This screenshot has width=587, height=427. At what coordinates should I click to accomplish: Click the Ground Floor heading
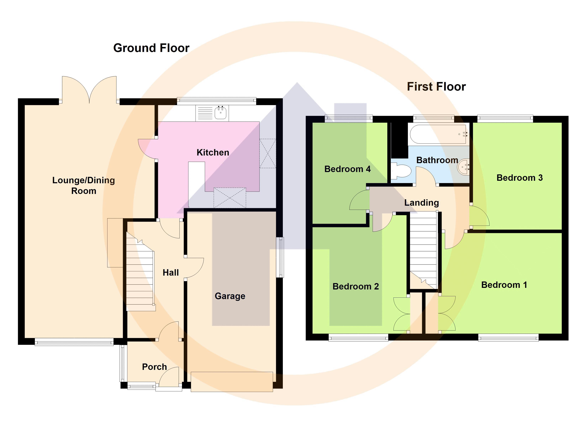pyautogui.click(x=151, y=48)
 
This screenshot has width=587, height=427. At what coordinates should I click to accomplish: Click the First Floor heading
pyautogui.click(x=436, y=86)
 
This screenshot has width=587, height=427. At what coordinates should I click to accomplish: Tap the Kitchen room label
pyautogui.click(x=213, y=152)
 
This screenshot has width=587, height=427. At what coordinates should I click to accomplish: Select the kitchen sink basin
pyautogui.click(x=220, y=113)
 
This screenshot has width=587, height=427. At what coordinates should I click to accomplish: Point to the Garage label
pyautogui.click(x=230, y=296)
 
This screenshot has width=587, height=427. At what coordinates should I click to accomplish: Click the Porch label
pyautogui.click(x=155, y=367)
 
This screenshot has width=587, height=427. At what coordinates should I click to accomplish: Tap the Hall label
pyautogui.click(x=171, y=273)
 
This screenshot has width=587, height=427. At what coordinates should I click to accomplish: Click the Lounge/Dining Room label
pyautogui.click(x=84, y=185)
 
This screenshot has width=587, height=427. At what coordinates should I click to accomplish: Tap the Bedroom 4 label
pyautogui.click(x=347, y=169)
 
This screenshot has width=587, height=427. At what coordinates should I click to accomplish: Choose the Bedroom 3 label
pyautogui.click(x=519, y=178)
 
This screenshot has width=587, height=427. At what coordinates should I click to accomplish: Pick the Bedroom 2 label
pyautogui.click(x=356, y=287)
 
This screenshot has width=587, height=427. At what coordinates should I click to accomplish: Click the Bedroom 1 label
pyautogui.click(x=504, y=285)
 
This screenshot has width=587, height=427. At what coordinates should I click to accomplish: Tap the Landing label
pyautogui.click(x=422, y=203)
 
